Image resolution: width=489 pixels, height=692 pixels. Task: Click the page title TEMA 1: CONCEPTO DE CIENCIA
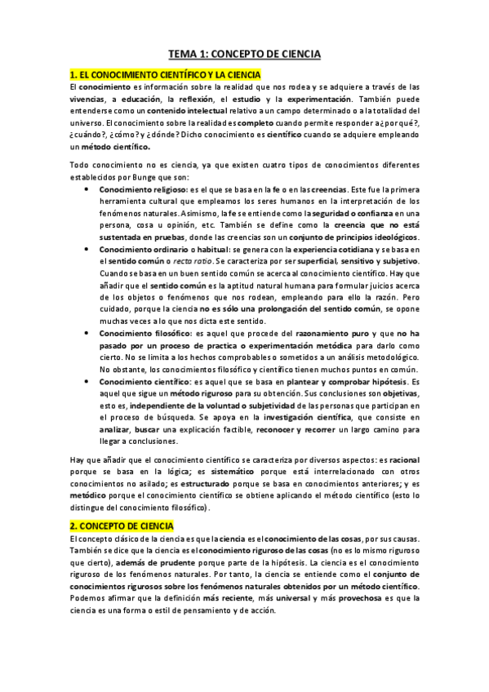tap(244, 54)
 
